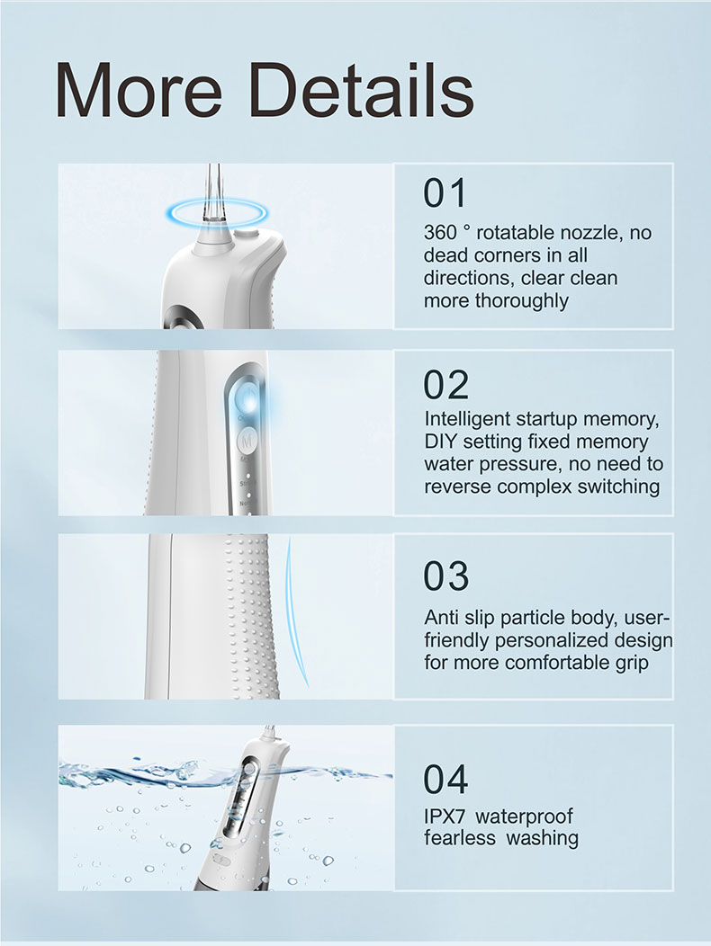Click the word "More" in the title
tap(139, 91)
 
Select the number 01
tap(445, 193)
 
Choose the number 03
tap(445, 576)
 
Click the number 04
tap(445, 779)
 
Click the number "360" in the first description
tap(440, 232)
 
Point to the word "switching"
tap(618, 486)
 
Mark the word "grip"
tap(632, 663)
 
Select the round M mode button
tap(247, 441)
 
